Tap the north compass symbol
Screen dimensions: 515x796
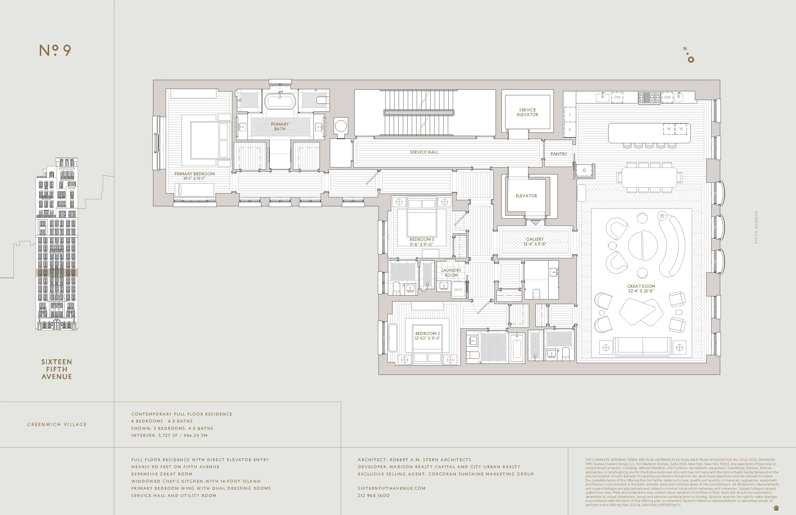tap(689, 55)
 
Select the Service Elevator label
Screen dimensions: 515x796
tap(527, 112)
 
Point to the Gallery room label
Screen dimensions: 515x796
tap(534, 239)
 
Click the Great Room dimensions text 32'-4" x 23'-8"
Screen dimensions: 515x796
tap(641, 291)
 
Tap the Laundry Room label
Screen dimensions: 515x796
tap(451, 272)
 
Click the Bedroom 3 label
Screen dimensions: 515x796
tap(421, 239)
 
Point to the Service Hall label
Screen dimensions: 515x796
tap(424, 152)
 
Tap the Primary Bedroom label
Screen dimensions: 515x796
tap(194, 174)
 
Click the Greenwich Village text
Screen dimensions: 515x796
tap(57, 424)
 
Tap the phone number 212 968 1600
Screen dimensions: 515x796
tap(374, 496)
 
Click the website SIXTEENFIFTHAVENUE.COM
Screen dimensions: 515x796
tap(391, 488)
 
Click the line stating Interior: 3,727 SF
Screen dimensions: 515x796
tap(169, 435)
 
